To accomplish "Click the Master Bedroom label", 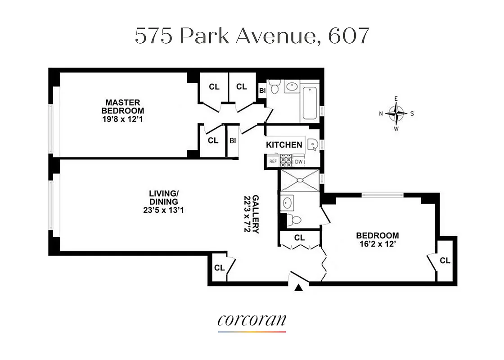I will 122,106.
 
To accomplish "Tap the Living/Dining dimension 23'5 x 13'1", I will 163,209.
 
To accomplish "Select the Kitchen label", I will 284,144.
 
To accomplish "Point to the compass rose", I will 396,113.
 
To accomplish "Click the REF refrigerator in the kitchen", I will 273,161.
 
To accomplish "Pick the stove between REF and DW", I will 286,161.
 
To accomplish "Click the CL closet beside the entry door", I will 219,268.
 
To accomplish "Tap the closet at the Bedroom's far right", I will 445,260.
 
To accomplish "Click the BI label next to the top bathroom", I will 262,90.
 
